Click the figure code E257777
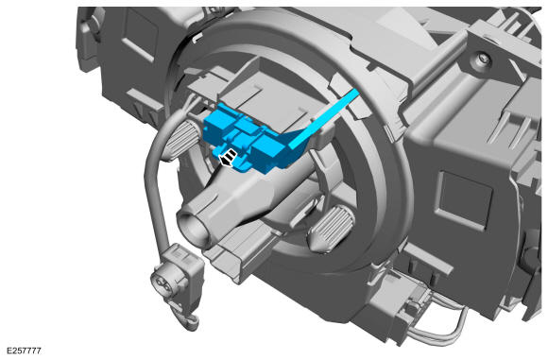25,351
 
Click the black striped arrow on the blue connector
228,157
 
